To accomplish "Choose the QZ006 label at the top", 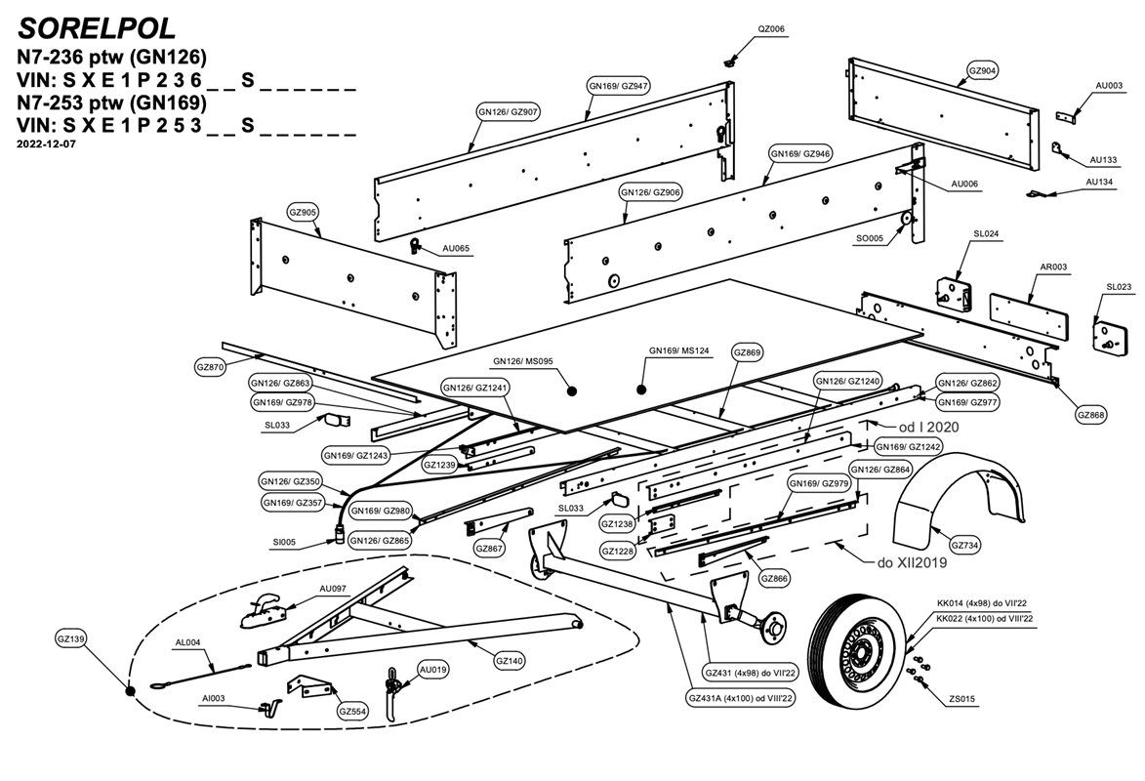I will tap(770, 29).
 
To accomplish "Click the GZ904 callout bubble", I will tap(982, 71).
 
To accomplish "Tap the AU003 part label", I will tap(1109, 86).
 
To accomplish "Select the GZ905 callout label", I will tap(303, 212).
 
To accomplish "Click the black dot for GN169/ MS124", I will tap(641, 389).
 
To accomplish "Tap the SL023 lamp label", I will tap(1119, 287).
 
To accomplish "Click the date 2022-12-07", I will tap(46, 144).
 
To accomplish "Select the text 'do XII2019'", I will tap(902, 563).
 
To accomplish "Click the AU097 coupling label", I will tap(333, 589).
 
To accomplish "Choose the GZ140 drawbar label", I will tap(510, 661).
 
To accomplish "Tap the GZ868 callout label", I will tap(1091, 414).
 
